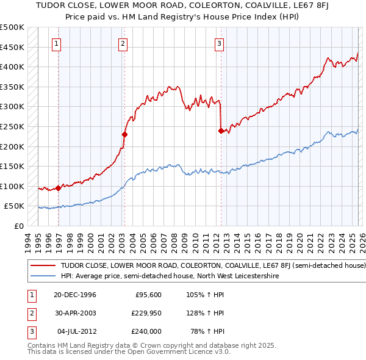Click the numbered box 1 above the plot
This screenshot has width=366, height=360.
pyautogui.click(x=56, y=43)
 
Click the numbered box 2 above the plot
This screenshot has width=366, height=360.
pyautogui.click(x=123, y=43)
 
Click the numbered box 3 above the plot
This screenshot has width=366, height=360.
pyautogui.click(x=218, y=43)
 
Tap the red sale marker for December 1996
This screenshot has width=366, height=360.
pyautogui.click(x=59, y=188)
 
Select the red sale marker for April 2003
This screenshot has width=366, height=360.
pyautogui.click(x=124, y=134)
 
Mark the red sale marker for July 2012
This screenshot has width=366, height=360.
pyautogui.click(x=221, y=130)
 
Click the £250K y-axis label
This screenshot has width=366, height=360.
pyautogui.click(x=12, y=126)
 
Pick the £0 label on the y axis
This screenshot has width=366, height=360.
pyautogui.click(x=19, y=226)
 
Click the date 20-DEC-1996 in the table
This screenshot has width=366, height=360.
pyautogui.click(x=71, y=295)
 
